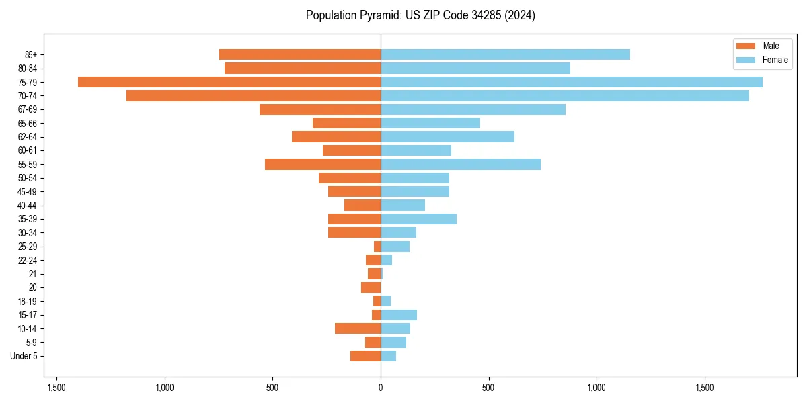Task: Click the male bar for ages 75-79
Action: (x=229, y=82)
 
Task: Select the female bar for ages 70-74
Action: (x=565, y=96)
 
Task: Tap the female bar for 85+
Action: (x=505, y=54)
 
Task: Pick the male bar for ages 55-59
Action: (x=323, y=165)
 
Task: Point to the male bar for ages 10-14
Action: (x=358, y=328)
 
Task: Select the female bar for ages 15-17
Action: (x=399, y=315)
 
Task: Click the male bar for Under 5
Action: (x=365, y=356)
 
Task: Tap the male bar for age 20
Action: (x=371, y=287)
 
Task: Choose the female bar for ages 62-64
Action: (x=447, y=137)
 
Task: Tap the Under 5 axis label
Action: (x=24, y=356)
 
